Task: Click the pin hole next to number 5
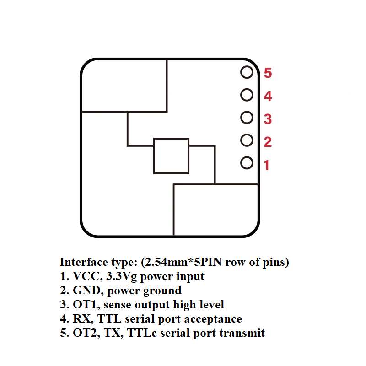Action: click(x=247, y=72)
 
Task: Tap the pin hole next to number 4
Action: click(x=247, y=95)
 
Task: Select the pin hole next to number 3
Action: click(x=247, y=118)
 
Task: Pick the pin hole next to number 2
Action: click(x=247, y=140)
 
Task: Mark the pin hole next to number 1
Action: click(x=247, y=162)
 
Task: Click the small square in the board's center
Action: click(x=171, y=156)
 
